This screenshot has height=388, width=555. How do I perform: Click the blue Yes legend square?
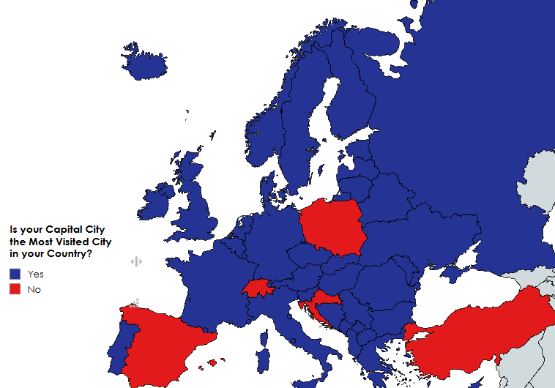(x=15, y=274)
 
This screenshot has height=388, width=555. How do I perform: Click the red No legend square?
(x=15, y=290)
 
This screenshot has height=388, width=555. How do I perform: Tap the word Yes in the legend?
(x=35, y=274)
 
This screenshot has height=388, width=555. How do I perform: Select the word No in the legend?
(x=34, y=290)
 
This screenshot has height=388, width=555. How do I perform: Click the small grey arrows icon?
(x=135, y=261)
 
